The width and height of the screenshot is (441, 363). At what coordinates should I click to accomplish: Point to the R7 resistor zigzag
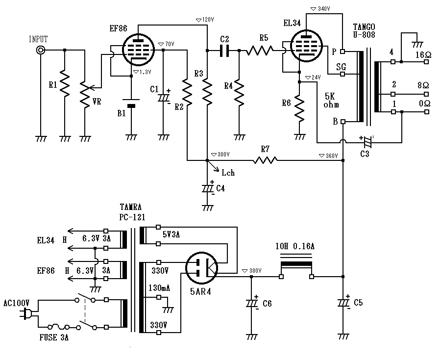265,160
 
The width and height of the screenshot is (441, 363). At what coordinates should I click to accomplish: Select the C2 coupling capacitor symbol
224,50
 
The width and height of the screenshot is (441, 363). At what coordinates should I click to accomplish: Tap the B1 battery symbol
131,105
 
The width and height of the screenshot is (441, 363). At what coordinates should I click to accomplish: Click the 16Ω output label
422,54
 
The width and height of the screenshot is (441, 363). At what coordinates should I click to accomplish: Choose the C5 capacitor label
358,303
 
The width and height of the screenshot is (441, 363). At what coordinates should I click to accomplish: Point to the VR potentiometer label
98,102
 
